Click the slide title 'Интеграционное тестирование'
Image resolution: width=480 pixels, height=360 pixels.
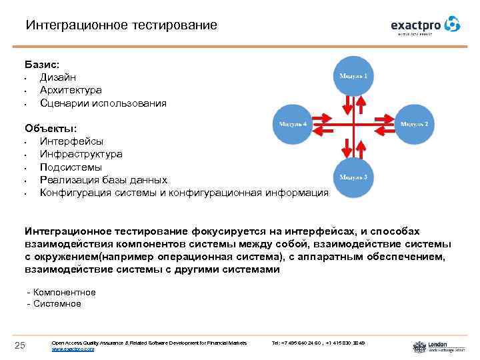[121, 25]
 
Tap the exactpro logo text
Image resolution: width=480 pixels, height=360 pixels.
[417, 25]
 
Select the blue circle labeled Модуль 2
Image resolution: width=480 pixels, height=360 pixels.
[414, 125]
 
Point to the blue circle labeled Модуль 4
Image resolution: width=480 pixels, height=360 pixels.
[293, 125]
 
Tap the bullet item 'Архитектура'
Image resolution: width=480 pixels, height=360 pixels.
[71, 91]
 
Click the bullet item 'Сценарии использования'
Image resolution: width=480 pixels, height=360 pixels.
[103, 103]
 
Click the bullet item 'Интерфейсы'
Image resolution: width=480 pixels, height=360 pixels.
[71, 141]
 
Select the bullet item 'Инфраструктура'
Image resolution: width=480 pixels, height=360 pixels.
[81, 154]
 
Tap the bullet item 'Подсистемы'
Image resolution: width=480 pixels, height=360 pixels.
[71, 167]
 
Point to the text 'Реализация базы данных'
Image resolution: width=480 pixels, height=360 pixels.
[103, 180]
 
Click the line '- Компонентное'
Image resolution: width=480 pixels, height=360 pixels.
[61, 293]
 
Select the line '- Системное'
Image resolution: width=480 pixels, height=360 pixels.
[53, 304]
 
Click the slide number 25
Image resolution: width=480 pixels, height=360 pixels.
[20, 345]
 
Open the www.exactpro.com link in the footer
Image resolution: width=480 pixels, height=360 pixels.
[73, 349]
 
